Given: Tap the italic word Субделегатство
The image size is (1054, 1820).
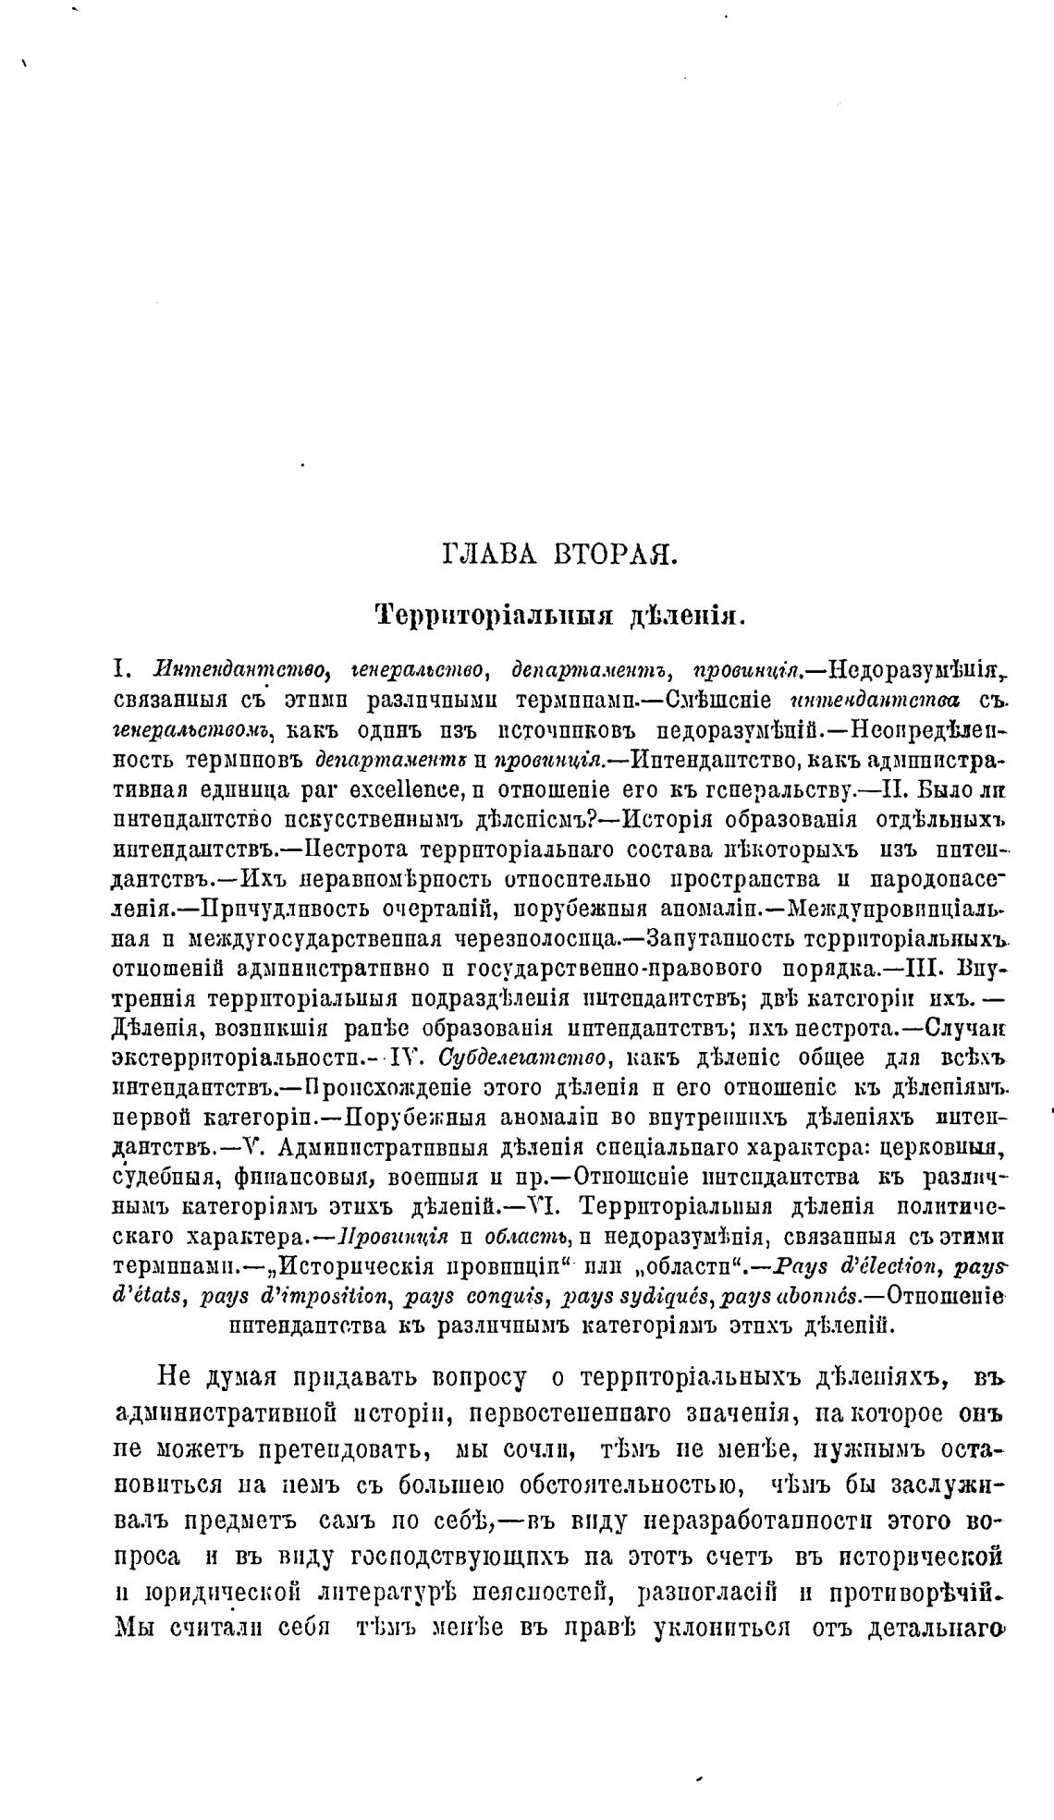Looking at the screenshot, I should [522, 1057].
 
